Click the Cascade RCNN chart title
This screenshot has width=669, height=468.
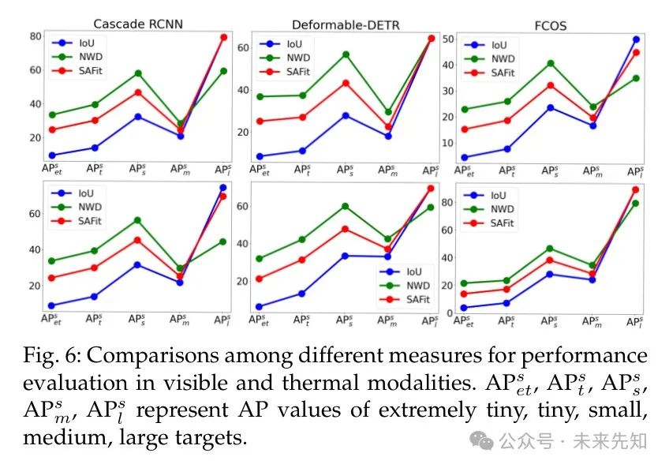(138, 24)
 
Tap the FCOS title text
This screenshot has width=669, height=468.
(549, 26)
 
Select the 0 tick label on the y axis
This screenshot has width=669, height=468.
(450, 313)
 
